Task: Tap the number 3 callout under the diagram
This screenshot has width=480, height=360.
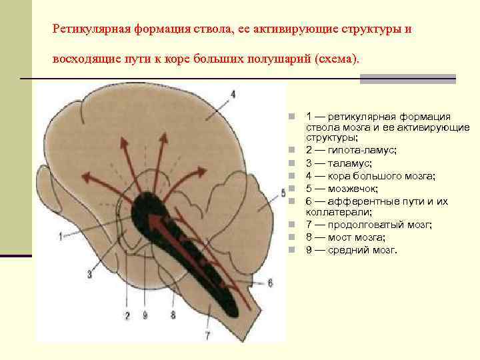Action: point(89,273)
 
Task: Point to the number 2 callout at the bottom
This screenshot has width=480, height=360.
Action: point(127,315)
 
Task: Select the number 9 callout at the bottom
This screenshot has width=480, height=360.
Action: point(145,315)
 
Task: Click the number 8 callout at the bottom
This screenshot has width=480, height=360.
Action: point(173,315)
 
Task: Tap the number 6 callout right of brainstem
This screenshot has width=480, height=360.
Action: point(270,283)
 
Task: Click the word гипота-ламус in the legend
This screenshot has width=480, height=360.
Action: point(363,151)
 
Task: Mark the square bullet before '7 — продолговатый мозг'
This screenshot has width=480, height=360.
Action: point(292,225)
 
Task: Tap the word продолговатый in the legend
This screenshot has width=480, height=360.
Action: point(367,225)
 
